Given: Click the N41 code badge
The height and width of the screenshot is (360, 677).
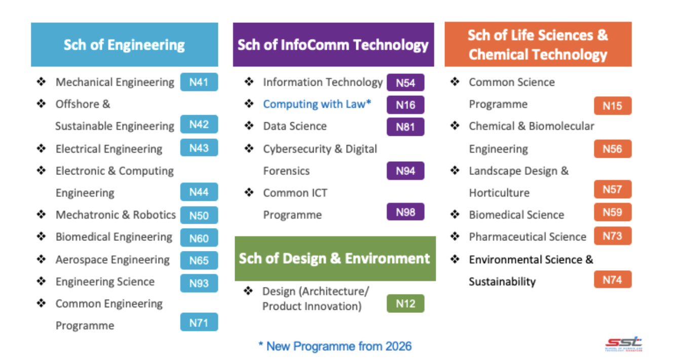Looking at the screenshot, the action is (x=199, y=82).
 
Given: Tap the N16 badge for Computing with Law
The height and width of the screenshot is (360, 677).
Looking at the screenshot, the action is (x=405, y=105).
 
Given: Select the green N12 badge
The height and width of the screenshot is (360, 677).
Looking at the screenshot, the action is (x=405, y=303).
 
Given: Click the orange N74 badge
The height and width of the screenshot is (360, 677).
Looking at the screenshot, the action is (x=613, y=279).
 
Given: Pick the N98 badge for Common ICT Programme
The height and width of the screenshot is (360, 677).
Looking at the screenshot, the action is (x=405, y=212).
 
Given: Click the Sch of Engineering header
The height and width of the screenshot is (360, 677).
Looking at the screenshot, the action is (x=124, y=45).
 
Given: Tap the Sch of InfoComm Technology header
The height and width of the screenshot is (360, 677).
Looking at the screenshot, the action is (x=333, y=45).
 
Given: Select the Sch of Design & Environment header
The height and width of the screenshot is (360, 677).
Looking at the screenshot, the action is (x=335, y=259).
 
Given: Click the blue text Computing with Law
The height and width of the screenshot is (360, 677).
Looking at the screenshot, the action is (x=317, y=104).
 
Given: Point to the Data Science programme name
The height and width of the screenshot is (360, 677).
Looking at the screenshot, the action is (x=295, y=126).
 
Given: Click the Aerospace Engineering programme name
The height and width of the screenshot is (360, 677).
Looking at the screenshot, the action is (x=112, y=260).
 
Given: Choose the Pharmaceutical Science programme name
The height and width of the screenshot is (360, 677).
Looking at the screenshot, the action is (x=528, y=237).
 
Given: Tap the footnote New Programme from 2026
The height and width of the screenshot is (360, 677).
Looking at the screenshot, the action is (x=335, y=346).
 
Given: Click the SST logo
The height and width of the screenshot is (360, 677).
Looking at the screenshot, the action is (x=623, y=344).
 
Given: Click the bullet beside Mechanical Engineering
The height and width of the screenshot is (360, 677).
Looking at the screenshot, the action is (x=41, y=82).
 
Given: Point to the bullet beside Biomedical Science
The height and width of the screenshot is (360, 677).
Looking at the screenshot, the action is (x=455, y=214).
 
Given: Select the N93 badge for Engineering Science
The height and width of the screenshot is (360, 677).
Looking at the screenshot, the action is (x=199, y=283).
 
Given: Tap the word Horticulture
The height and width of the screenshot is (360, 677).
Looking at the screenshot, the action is (x=499, y=193).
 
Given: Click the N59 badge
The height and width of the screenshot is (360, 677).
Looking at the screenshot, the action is (x=613, y=212).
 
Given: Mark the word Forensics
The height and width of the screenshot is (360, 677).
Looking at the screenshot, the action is (x=286, y=171).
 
